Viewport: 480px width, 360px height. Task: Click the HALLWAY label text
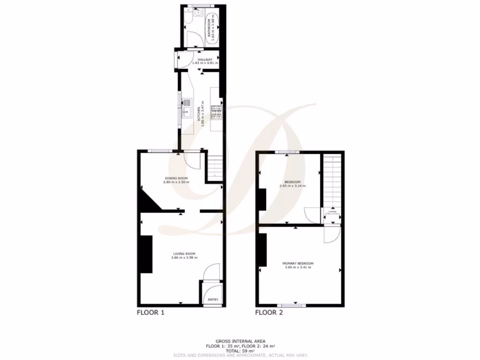coord(205,60)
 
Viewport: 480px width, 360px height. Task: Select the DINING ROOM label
coord(176,178)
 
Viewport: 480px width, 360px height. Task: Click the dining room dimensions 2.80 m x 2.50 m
coord(176,182)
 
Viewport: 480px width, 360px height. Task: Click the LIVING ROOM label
coord(184,254)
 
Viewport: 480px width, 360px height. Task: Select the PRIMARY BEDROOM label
coord(298,263)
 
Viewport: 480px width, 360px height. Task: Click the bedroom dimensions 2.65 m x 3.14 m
coord(292,186)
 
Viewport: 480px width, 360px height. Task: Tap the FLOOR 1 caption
coord(150,312)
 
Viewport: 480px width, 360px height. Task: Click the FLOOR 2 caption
coord(269,312)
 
